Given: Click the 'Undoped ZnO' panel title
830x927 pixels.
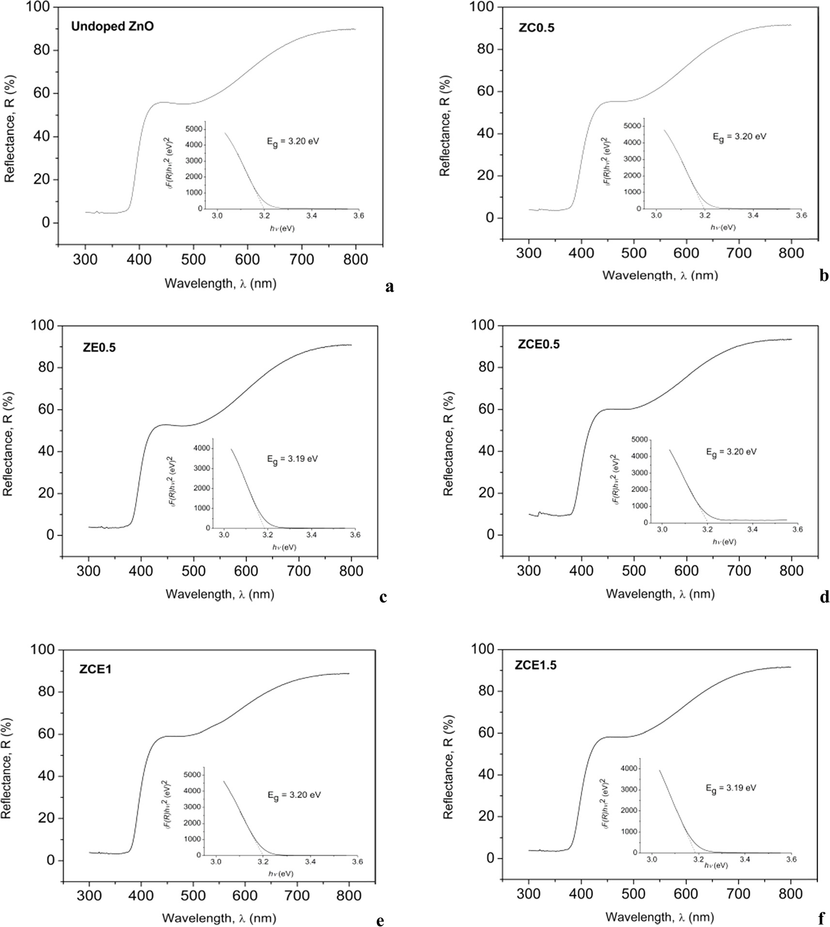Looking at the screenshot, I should click(112, 26).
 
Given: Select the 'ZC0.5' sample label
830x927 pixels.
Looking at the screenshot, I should click(536, 28).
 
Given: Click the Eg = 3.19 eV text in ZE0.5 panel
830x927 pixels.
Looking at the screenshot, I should click(293, 459).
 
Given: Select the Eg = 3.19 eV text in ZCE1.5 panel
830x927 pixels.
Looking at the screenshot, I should click(731, 788).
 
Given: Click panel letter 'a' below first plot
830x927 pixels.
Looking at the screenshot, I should click(389, 287).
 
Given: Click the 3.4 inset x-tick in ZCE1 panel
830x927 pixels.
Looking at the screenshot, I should click(311, 862).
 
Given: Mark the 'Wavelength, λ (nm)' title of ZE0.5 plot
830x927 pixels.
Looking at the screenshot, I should click(220, 594).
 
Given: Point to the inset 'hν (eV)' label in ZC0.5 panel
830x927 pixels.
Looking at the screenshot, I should click(723, 227).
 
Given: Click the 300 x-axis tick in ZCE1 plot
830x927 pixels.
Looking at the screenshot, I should click(89, 895).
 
